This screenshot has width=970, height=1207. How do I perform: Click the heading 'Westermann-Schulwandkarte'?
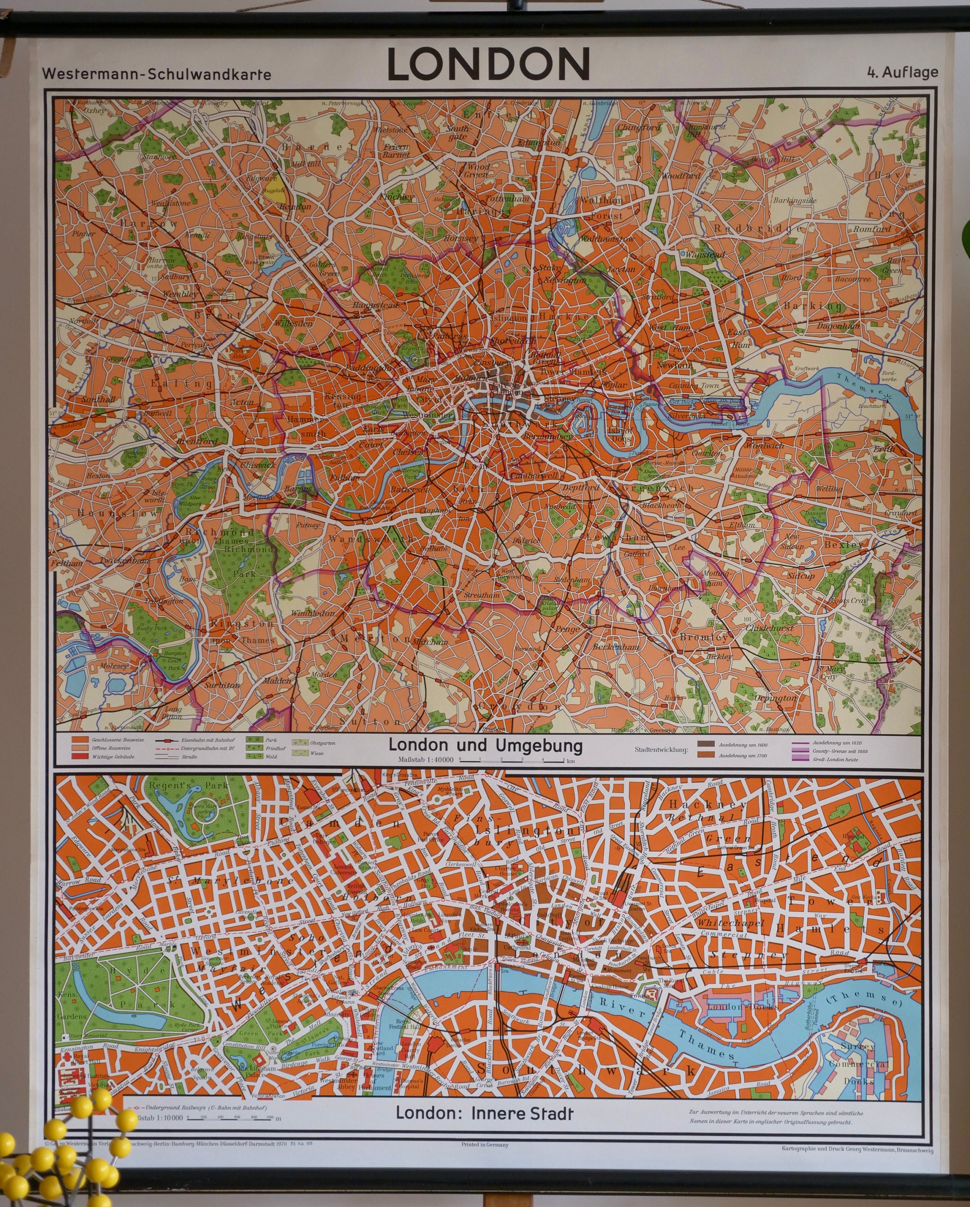click(x=156, y=74)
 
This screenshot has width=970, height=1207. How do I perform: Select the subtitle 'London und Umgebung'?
click(x=485, y=746)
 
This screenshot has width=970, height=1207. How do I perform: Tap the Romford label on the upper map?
click(x=871, y=229)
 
